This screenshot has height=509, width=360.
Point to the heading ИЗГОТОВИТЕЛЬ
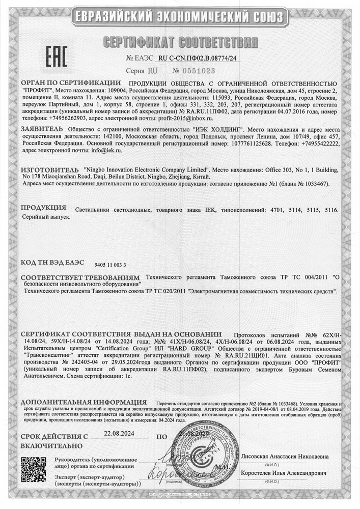tap(49, 168)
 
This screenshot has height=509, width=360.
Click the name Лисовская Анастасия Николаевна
tap(285, 456)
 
